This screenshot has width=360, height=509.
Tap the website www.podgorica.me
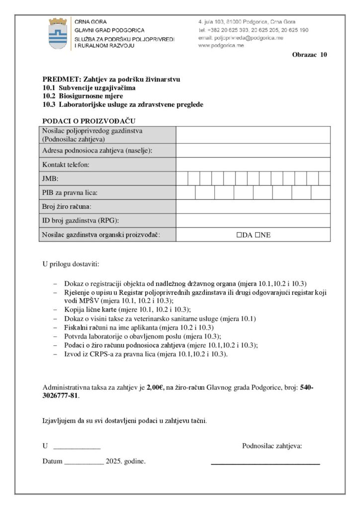click(x=221, y=45)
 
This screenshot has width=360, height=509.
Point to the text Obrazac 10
click(x=309, y=55)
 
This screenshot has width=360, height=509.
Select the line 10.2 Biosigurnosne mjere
click(x=83, y=96)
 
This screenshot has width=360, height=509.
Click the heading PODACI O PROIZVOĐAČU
click(x=90, y=121)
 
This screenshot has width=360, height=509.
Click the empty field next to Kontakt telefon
click(x=253, y=165)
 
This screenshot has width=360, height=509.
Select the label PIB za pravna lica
click(x=70, y=192)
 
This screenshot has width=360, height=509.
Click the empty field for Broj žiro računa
click(x=253, y=206)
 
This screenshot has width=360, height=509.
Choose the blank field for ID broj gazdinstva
click(x=253, y=220)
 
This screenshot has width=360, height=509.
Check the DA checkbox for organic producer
click(x=239, y=235)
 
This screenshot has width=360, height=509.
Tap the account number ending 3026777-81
click(x=61, y=396)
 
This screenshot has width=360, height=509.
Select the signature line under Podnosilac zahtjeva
click(x=266, y=463)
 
